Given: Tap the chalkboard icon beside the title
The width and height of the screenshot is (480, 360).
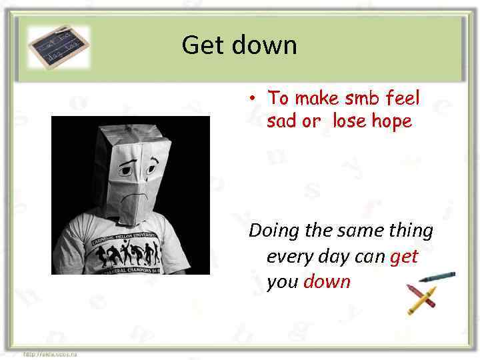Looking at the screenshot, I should [x=58, y=47].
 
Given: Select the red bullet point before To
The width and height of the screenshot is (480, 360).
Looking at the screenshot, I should [x=253, y=97].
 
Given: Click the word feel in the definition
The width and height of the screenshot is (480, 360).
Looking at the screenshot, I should [x=403, y=99].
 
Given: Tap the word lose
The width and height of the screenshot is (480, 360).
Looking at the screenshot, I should [x=349, y=122].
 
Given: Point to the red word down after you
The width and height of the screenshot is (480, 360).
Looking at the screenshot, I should [x=327, y=281].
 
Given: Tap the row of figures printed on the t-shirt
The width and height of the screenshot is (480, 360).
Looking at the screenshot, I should [x=126, y=254].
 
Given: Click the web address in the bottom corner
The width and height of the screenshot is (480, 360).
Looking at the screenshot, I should [x=51, y=354].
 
